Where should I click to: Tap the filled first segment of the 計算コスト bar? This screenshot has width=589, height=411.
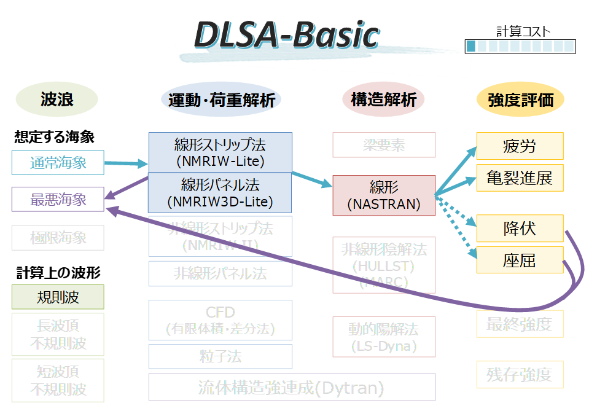[x=470, y=46]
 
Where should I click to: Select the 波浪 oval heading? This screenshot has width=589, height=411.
[x=57, y=99]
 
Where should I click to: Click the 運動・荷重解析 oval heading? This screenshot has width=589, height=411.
[x=221, y=100]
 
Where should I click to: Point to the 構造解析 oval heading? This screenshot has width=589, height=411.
[x=383, y=100]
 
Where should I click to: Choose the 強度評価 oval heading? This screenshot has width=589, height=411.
[x=520, y=100]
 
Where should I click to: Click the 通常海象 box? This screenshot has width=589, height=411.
[x=58, y=163]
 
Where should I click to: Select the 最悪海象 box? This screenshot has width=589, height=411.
[x=58, y=200]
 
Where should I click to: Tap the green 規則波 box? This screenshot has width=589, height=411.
[x=58, y=297]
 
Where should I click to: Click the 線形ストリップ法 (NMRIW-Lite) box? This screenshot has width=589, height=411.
[x=220, y=152]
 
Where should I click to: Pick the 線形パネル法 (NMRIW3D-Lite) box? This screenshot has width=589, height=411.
[x=220, y=192]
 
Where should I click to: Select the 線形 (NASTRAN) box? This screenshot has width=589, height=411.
[x=383, y=195]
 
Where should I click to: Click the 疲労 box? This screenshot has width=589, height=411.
[x=520, y=146]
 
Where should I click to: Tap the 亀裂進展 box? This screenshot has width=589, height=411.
[x=520, y=178]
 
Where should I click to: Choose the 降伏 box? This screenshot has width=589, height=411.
[x=520, y=229]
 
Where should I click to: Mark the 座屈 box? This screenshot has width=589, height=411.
[x=520, y=260]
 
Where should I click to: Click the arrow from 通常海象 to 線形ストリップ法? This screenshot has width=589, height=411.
[x=126, y=164]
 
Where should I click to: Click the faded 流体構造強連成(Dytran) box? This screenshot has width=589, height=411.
[x=292, y=388]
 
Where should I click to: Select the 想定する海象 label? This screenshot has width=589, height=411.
[x=54, y=137]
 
